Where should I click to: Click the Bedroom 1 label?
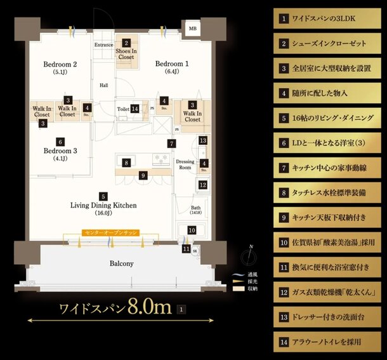tap(172, 63)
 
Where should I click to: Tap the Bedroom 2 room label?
tap(60, 64)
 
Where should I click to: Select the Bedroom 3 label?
tap(60, 151)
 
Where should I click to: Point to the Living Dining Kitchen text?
tap(103, 206)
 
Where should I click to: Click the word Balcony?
tap(120, 263)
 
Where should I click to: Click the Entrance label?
tap(103, 45)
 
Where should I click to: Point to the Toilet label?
tap(123, 109)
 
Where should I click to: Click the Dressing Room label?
tap(185, 164)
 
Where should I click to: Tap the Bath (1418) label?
tap(196, 210)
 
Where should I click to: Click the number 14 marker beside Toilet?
tap(135, 109)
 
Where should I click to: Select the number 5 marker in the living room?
tap(103, 197)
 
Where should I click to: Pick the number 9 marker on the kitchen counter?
tap(143, 175)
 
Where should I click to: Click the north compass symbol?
tap(251, 257)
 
